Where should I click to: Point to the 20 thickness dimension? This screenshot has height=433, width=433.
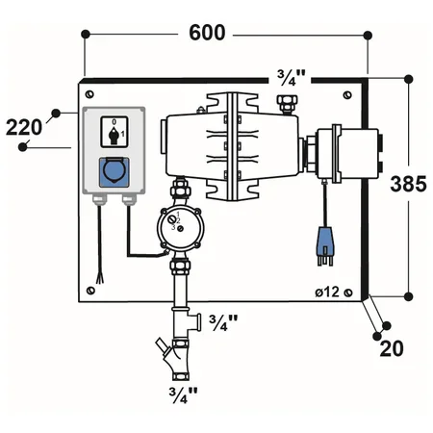click(391, 347)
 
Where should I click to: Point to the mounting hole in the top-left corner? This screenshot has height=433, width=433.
click(89, 93)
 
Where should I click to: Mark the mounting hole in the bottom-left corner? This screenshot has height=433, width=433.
click(89, 289)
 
